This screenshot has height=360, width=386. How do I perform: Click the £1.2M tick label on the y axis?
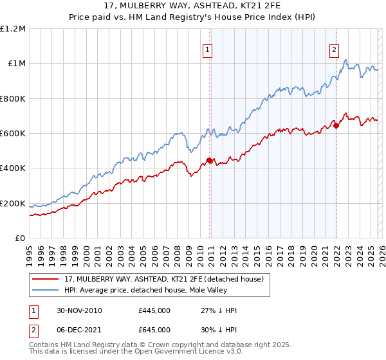(13, 28)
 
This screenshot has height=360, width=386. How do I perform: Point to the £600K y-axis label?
(13, 134)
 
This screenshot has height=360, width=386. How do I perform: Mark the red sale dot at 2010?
(210, 160)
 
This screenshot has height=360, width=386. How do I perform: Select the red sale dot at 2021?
(336, 125)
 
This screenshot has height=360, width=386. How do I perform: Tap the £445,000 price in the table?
(154, 310)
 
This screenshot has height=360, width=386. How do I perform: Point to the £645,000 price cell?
(154, 329)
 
